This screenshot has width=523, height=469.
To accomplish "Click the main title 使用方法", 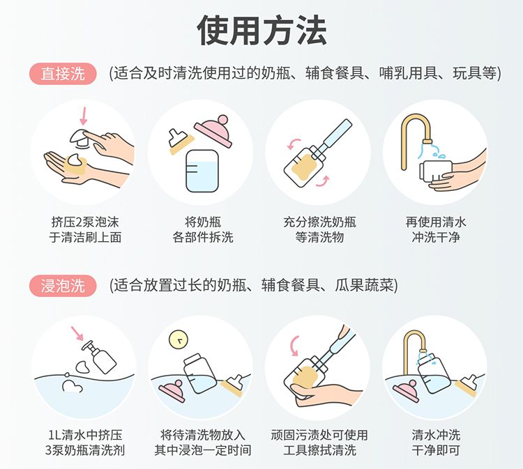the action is [261, 31].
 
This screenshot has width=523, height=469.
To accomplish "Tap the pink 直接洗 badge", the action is [63, 73].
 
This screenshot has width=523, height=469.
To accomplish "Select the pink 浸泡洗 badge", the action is [63, 286].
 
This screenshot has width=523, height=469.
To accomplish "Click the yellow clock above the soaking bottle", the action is [179, 339].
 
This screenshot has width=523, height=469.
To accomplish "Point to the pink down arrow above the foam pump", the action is [84, 116].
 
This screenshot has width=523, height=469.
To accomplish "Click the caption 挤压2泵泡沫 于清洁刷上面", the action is [85, 229].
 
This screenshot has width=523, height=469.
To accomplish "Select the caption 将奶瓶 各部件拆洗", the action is [203, 229].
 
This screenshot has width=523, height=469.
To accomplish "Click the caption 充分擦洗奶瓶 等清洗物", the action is [319, 229].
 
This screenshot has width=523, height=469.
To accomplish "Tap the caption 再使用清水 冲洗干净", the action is [436, 229].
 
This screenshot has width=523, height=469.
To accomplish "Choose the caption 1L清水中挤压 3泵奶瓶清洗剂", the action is [85, 443].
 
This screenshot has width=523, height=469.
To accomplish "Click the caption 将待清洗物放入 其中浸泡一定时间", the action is [203, 443].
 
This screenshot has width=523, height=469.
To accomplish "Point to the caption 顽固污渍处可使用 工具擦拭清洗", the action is [319, 443].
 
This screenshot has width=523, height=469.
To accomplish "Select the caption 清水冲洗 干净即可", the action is [436, 443].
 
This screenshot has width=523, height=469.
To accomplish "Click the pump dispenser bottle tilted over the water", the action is [100, 357].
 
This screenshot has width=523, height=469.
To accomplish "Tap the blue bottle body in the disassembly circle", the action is [202, 171].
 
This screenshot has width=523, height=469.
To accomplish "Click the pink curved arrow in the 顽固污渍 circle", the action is [294, 346].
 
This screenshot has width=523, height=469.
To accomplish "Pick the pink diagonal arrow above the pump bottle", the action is [77, 333].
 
